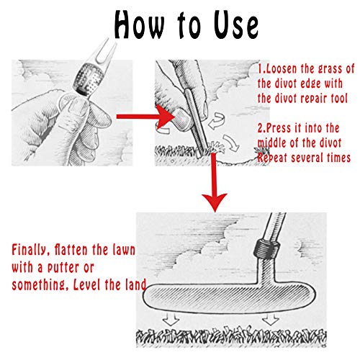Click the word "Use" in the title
point(236,24)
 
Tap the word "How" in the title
point(139,24)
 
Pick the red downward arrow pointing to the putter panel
point(214,182)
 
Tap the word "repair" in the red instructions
point(315,99)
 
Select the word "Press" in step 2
point(279,127)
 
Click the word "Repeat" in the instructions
point(272,158)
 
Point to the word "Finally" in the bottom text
point(29,250)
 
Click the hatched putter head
point(229,297)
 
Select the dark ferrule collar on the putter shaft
point(267,248)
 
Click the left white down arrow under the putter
point(171,319)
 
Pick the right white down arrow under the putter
point(271,319)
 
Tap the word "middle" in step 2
point(271,143)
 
